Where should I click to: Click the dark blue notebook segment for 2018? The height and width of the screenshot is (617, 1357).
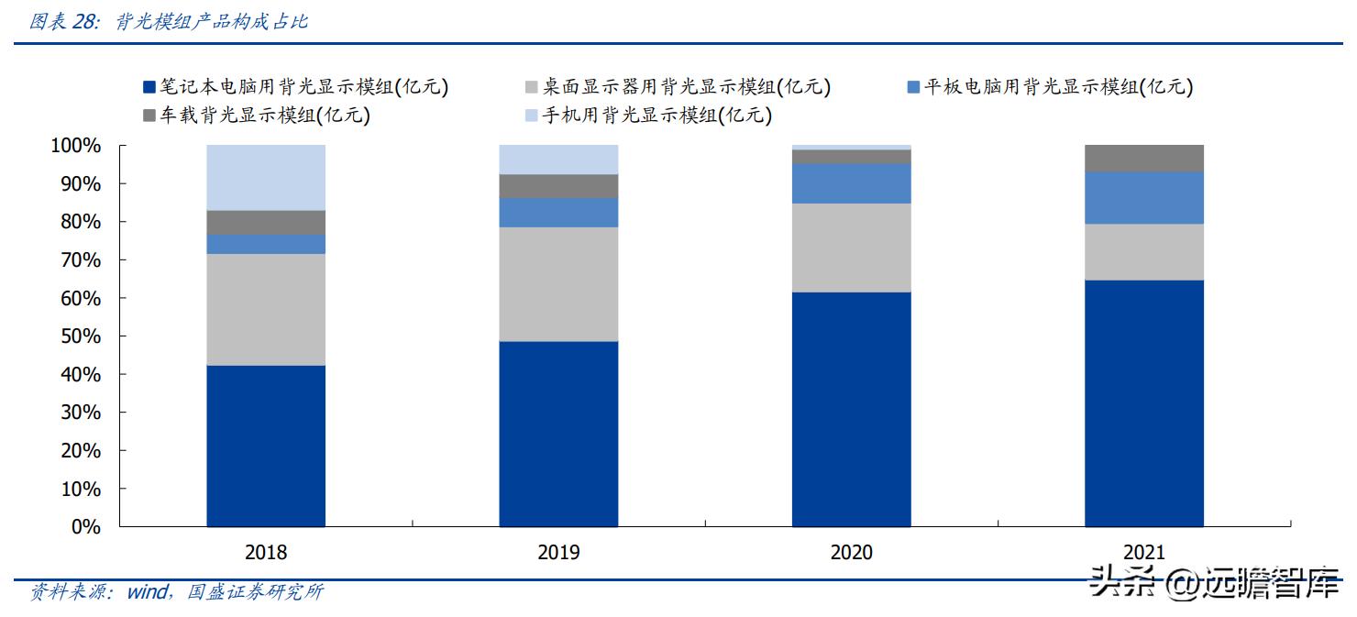pos(266,446)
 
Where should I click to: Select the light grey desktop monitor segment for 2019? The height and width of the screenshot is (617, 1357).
pos(558,284)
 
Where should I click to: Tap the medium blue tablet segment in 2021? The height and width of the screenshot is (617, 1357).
pos(1143,198)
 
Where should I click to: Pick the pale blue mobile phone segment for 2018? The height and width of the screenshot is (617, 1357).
pos(266,177)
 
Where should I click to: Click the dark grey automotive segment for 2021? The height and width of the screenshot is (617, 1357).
pos(1143,158)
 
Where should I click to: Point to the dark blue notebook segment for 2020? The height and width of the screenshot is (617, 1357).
pos(851,409)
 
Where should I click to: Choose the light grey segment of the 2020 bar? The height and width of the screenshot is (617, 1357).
pos(851,248)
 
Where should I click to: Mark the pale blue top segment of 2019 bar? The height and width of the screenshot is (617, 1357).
pos(558,160)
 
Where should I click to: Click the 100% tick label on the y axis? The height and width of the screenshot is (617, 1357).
pos(75,146)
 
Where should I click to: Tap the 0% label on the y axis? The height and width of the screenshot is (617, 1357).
pos(84,527)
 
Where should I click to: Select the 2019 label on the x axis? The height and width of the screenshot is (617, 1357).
pos(558,553)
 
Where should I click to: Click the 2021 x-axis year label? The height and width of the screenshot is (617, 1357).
pos(1143,553)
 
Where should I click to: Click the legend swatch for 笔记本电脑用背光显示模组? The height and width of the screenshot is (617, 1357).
pos(149,88)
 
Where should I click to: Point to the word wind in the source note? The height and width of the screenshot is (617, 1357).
pos(146,592)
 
